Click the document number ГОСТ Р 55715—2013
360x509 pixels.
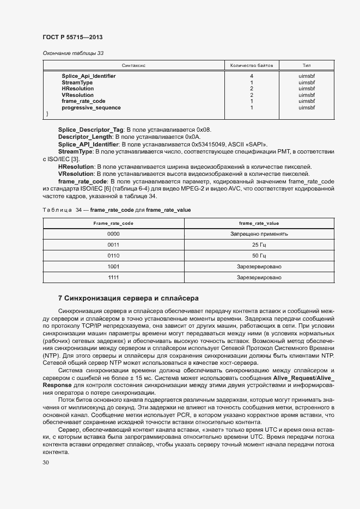click(x=72, y=37)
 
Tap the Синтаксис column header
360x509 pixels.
click(x=134, y=65)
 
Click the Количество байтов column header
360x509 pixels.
click(x=251, y=65)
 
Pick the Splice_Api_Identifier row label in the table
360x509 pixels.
click(x=88, y=76)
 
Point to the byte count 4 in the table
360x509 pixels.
click(x=251, y=76)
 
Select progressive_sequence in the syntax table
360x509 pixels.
click(x=91, y=108)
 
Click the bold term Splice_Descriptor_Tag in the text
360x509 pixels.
click(x=91, y=130)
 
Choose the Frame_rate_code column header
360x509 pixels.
click(x=113, y=223)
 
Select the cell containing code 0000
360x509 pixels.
click(x=113, y=234)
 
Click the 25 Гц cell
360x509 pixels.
click(x=259, y=245)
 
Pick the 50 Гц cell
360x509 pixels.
click(x=259, y=256)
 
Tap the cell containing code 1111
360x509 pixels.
click(x=113, y=278)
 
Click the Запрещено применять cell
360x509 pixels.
click(x=259, y=234)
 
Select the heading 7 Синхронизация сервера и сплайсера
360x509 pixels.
click(x=128, y=298)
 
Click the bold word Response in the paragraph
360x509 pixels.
click(x=57, y=385)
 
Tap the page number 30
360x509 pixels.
click(x=46, y=463)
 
